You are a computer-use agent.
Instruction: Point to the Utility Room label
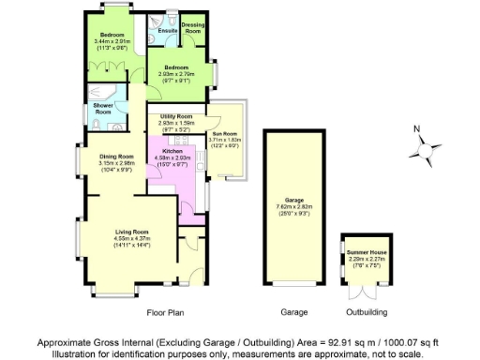175,115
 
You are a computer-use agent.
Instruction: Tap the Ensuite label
168,31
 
